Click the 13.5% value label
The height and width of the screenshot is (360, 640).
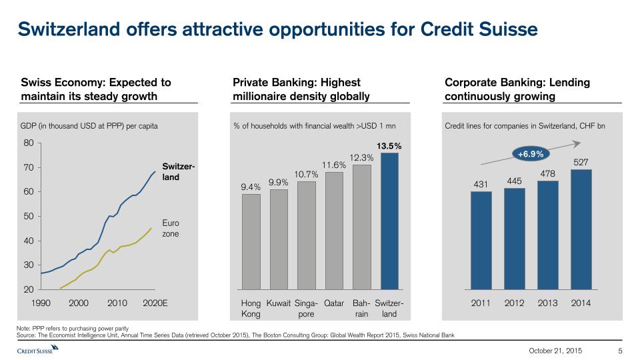point(390,145)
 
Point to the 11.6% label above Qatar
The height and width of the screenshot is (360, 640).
point(334,164)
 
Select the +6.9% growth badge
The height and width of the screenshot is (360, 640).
point(531,154)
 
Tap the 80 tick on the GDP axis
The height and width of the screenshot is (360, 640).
point(28,143)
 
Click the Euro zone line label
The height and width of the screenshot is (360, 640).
point(171,229)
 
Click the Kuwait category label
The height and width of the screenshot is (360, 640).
point(278,303)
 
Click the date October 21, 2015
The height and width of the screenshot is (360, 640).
point(555,351)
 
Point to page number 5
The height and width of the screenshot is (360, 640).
point(620,351)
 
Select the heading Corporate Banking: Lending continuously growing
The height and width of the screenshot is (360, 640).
point(517,89)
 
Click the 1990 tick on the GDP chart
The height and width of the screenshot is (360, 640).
point(41,303)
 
